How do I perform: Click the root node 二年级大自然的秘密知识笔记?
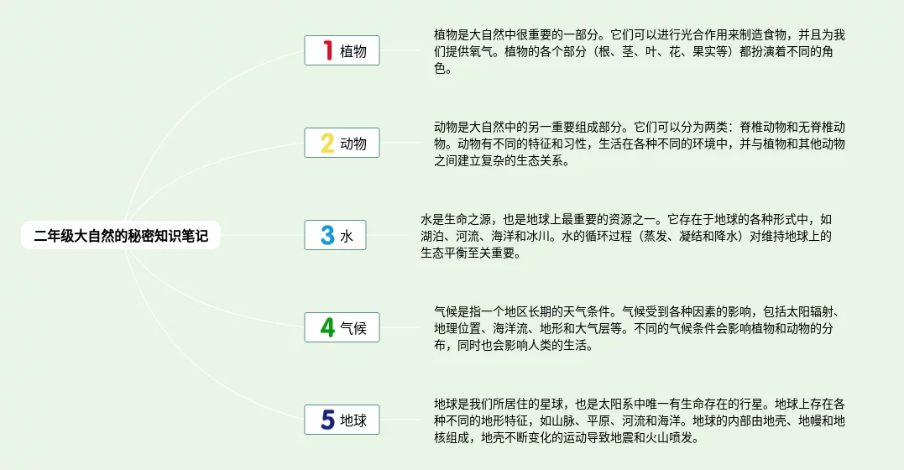(121, 235)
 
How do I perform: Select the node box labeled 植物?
(342, 50)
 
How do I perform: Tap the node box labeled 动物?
(342, 143)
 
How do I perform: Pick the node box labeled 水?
(335, 235)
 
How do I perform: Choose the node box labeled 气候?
(342, 327)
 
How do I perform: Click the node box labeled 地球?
(342, 420)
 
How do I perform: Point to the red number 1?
(328, 50)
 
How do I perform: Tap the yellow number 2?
(327, 143)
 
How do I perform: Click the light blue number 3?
(327, 235)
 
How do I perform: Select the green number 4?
(327, 327)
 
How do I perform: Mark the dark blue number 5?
(327, 420)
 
